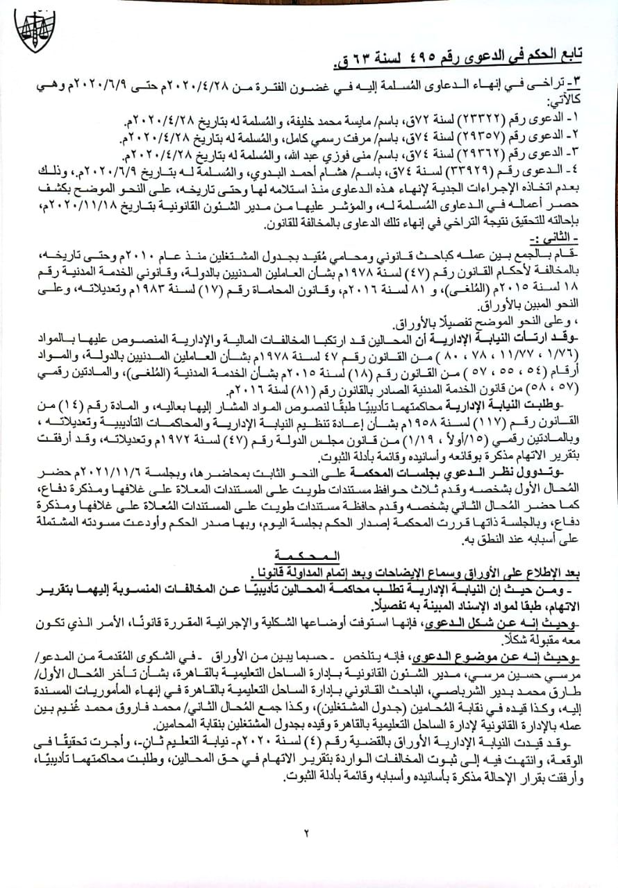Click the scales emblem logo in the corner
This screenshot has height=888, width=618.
coord(34,31)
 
